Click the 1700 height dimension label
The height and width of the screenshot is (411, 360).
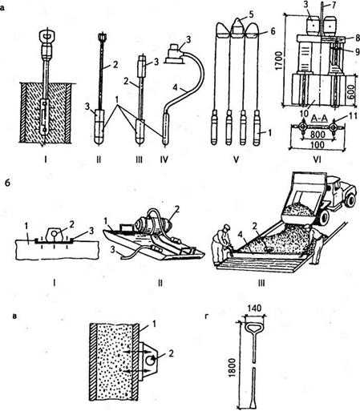click(280, 61)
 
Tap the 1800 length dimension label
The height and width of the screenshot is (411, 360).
click(233, 367)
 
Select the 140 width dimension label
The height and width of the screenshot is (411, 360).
click(254, 308)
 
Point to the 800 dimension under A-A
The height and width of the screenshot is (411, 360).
click(318, 134)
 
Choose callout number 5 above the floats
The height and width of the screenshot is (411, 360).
click(250, 14)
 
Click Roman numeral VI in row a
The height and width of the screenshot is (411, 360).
click(318, 159)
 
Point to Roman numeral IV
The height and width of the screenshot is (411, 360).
click(164, 159)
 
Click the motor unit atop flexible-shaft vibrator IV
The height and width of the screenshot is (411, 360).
click(174, 54)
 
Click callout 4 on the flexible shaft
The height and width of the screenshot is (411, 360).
click(175, 87)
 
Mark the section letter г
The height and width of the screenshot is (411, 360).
click(206, 316)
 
